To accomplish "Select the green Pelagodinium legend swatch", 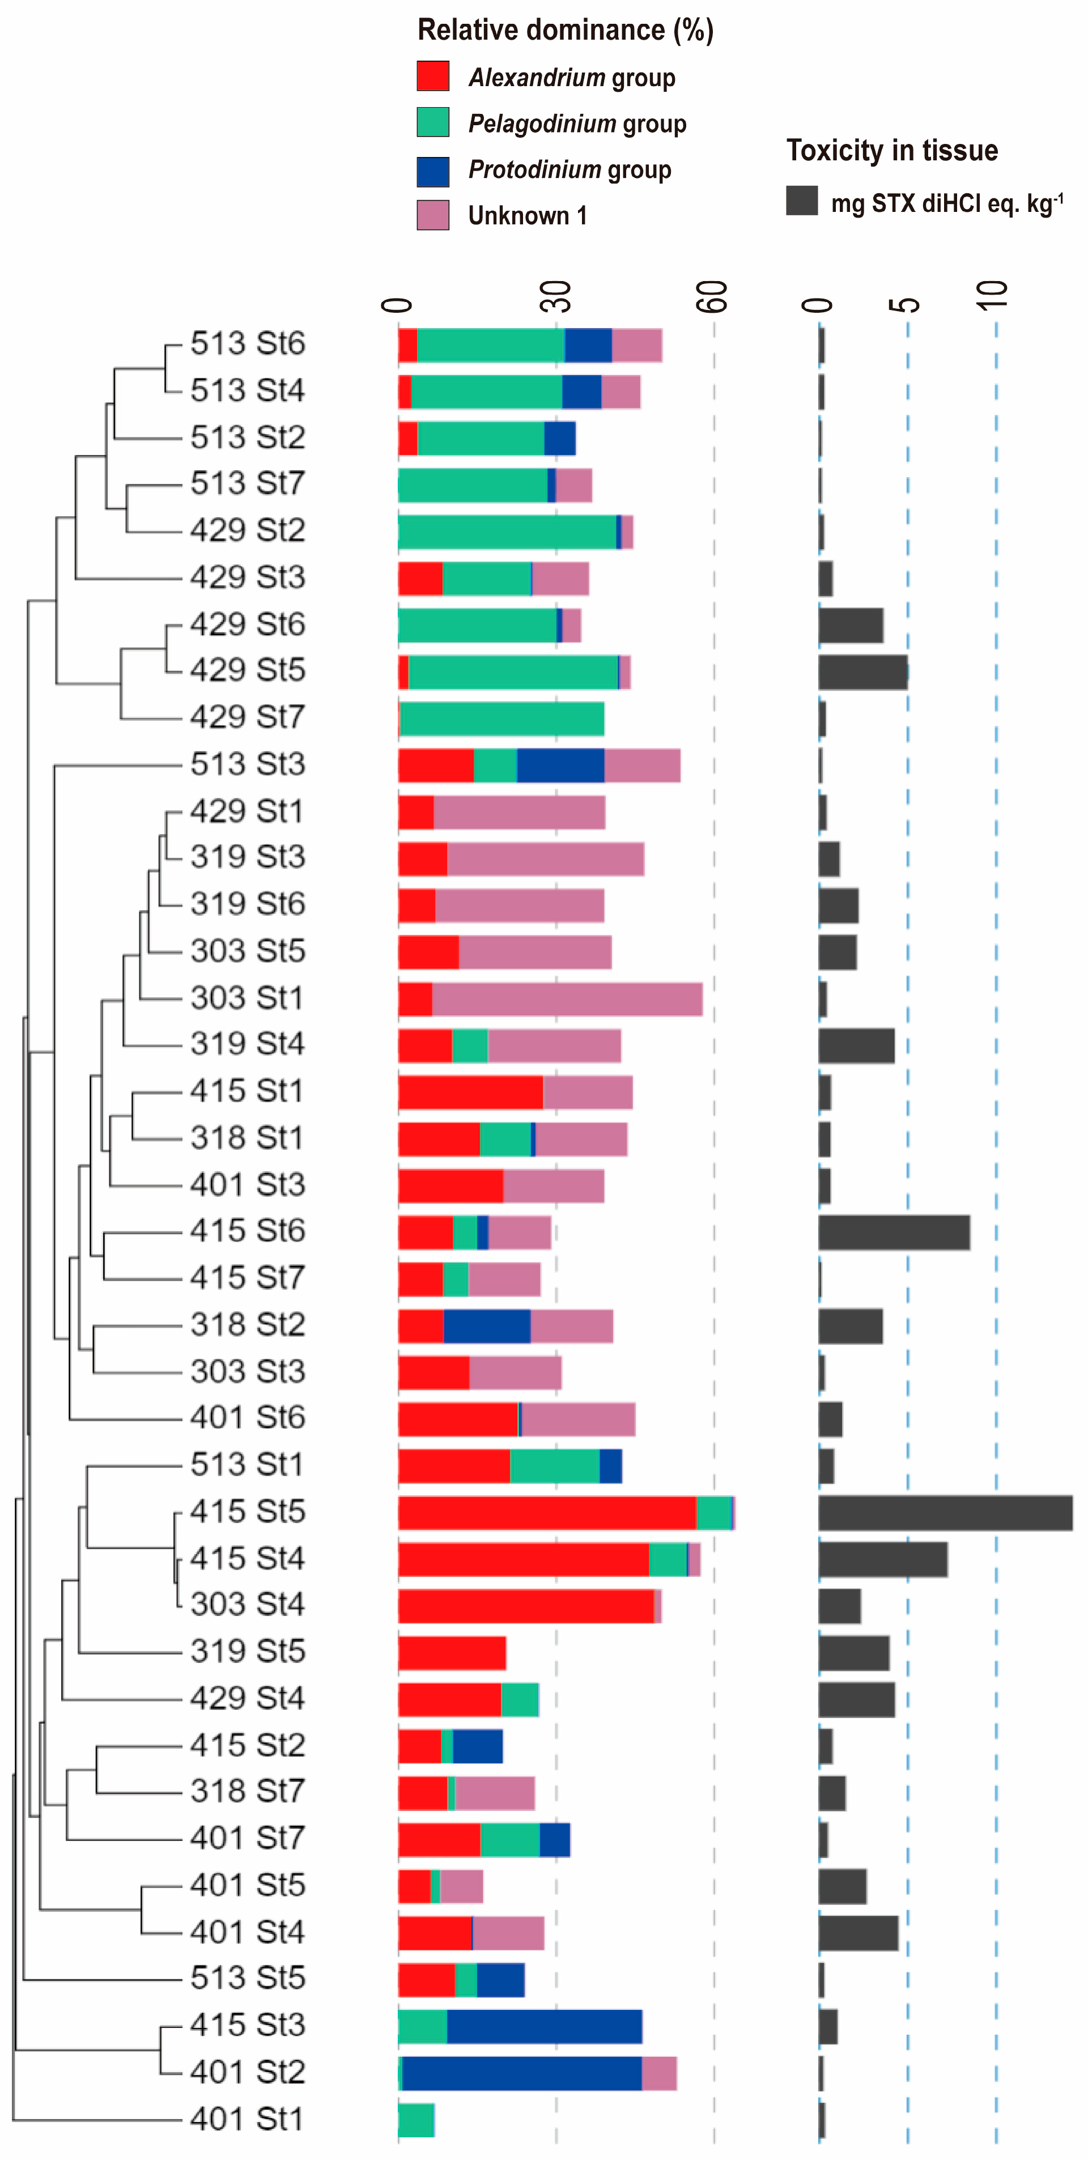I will click(x=433, y=122).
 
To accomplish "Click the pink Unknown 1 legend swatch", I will click(x=433, y=215).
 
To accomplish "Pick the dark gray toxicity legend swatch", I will click(x=801, y=201).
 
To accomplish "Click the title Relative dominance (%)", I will click(x=566, y=30).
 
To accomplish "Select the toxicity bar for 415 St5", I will click(x=945, y=1513).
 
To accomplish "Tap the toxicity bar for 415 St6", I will click(x=894, y=1232).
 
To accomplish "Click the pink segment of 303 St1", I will click(x=567, y=998).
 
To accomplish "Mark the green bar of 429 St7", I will click(x=501, y=718).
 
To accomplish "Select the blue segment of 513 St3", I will click(x=560, y=765).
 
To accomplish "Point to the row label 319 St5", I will click(x=248, y=1651).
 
